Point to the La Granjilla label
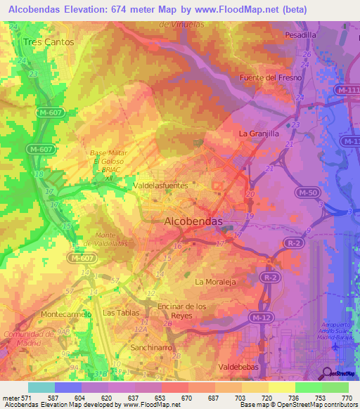(259, 133)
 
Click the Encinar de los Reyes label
(182, 311)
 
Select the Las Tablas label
(118, 312)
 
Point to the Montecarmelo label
(67, 314)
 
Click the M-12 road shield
(260, 318)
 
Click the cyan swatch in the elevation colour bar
(41, 387)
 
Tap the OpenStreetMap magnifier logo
(326, 372)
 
